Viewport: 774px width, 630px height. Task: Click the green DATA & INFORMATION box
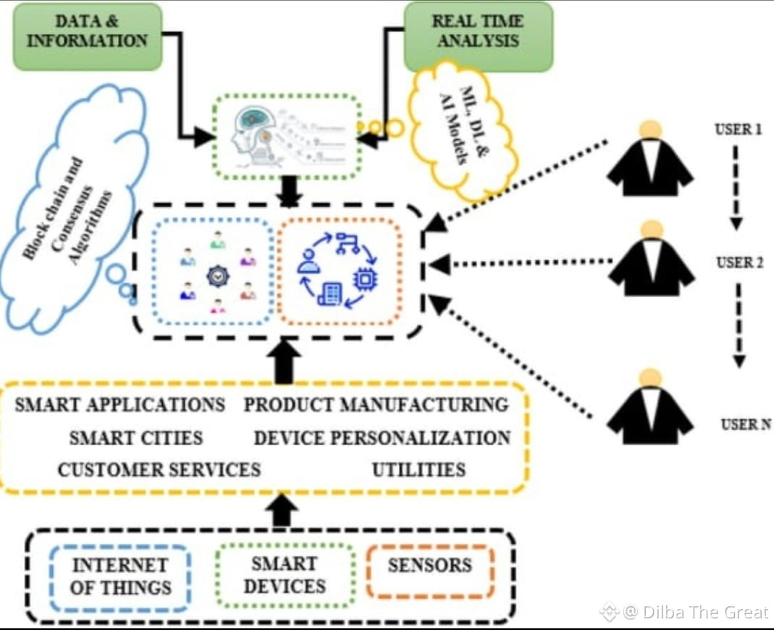coord(88,36)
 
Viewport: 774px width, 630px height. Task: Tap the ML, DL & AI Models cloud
coord(464,130)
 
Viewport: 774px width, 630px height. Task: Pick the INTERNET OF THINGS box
coord(120,576)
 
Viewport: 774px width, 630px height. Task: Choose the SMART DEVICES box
coord(285,575)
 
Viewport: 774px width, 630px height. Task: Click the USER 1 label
coord(736,131)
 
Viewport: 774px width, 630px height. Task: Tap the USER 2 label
coord(739,262)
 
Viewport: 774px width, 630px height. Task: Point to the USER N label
coord(746,425)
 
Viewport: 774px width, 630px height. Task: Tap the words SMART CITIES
coord(136,438)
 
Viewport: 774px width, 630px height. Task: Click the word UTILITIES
coord(418,470)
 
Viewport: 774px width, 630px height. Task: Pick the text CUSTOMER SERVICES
coord(159,470)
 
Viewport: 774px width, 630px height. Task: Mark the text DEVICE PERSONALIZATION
coord(382,438)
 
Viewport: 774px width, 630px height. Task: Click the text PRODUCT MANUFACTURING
coord(376,405)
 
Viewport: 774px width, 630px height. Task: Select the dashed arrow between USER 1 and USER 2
coord(736,188)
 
